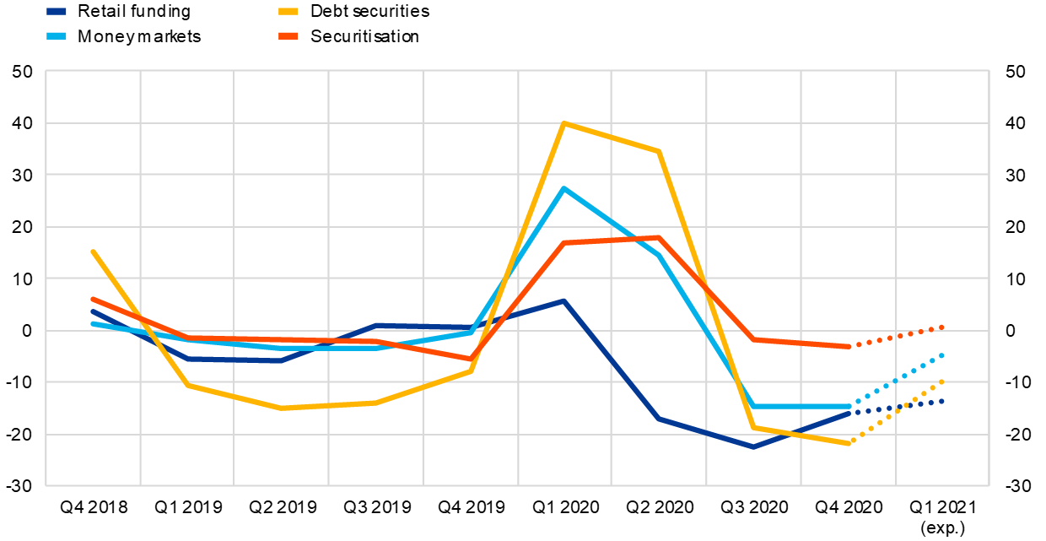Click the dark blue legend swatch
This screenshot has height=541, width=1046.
(57, 12)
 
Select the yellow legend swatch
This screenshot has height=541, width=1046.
(288, 12)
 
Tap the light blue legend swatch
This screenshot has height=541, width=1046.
(57, 35)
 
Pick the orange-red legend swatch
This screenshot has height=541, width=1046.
(288, 35)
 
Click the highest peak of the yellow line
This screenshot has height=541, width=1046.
(563, 124)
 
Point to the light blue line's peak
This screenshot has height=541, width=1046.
(563, 188)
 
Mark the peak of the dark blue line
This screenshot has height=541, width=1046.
(563, 300)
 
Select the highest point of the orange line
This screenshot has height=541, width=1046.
(657, 238)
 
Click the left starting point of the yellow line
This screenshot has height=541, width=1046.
(93, 252)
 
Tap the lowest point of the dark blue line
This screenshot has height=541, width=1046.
(753, 446)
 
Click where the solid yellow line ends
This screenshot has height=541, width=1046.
(848, 442)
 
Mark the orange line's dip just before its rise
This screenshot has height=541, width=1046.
(471, 359)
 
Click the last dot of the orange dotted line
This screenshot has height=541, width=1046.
(941, 327)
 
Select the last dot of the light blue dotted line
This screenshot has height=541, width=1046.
(941, 355)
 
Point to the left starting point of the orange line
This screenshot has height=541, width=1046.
(93, 299)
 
